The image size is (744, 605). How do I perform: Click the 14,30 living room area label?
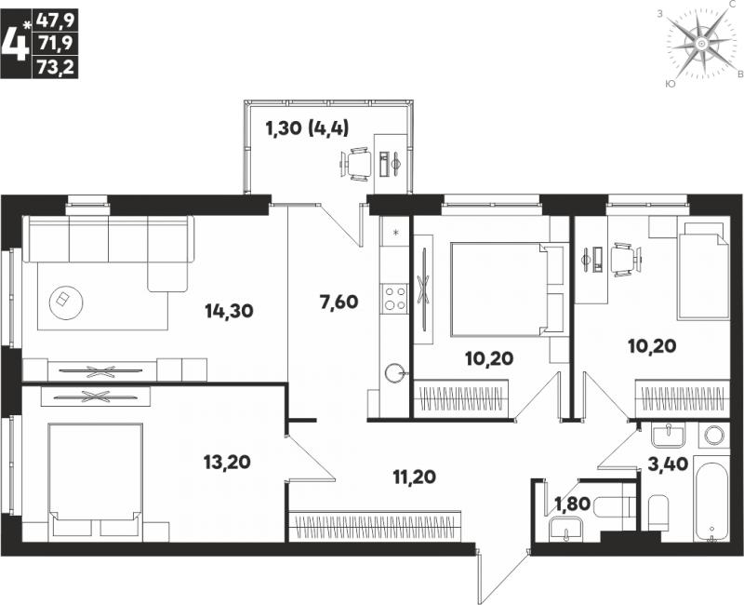(x=229, y=312)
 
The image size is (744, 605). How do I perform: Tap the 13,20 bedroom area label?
(x=227, y=462)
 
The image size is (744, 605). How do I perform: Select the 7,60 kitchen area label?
(x=339, y=302)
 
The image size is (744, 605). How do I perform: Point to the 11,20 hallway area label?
(x=414, y=477)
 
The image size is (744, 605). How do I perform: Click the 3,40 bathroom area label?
(x=668, y=464)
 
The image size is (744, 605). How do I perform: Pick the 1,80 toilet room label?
(x=572, y=504)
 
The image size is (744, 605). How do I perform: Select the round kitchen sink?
(x=394, y=373)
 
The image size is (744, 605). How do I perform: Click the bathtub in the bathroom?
(x=711, y=498)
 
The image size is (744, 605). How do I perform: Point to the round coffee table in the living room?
(x=66, y=302)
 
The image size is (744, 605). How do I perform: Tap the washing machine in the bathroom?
(x=714, y=435)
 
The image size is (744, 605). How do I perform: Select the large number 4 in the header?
(x=16, y=44)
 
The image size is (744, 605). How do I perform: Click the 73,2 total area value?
(x=55, y=67)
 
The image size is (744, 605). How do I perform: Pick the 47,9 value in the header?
(x=55, y=21)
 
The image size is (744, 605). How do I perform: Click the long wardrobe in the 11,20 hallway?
(x=375, y=526)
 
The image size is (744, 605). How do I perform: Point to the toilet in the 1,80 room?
(x=612, y=506)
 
